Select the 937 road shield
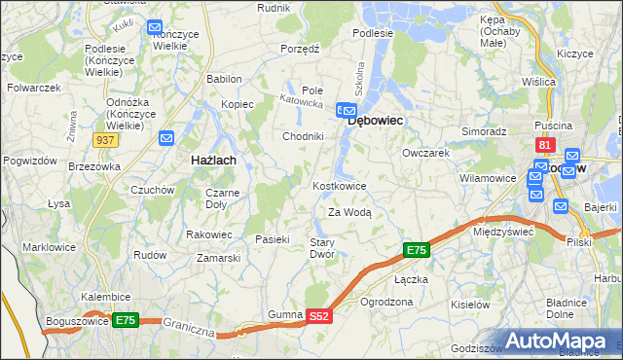click(108, 140)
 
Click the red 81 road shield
click(545, 146)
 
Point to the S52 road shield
click(320, 316)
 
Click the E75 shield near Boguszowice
click(125, 319)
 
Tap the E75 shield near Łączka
click(416, 251)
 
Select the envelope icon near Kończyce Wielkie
click(156, 28)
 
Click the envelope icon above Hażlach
click(166, 139)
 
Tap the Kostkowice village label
click(339, 186)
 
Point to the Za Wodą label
click(349, 212)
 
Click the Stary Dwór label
click(322, 248)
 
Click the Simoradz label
click(484, 130)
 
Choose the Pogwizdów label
click(27, 160)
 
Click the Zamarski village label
click(219, 258)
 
